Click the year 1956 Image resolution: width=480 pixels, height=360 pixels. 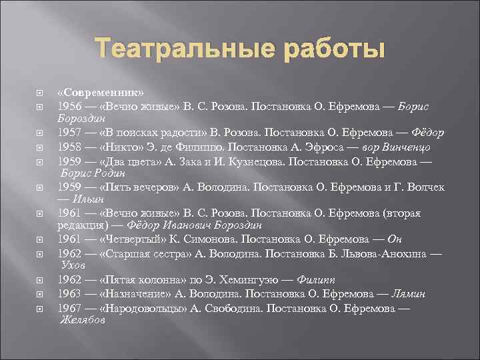coord(70,106)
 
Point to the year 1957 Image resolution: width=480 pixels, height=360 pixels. coord(70,133)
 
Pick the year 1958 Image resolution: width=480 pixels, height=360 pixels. coord(70,147)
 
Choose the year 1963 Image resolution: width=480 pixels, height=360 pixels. coord(70,294)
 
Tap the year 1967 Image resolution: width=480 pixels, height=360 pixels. coord(70,307)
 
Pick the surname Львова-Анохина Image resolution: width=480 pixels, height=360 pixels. coord(370,253)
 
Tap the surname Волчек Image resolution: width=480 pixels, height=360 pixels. coord(423,187)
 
